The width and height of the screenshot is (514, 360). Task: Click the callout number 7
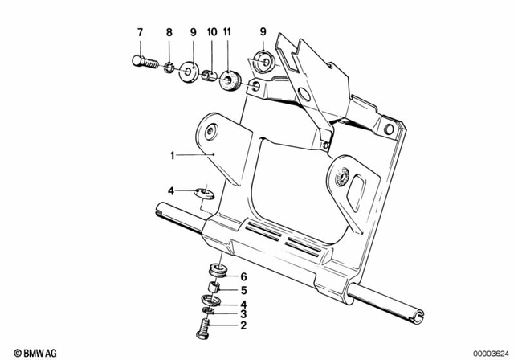pos(140,32)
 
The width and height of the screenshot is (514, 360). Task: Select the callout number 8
pos(169,32)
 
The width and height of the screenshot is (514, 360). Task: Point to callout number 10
pos(212,32)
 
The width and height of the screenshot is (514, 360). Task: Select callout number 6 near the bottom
pos(243,276)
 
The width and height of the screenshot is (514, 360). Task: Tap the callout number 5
pos(243,291)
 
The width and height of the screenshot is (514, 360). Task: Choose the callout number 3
pos(243,314)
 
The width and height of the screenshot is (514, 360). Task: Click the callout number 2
pos(243,326)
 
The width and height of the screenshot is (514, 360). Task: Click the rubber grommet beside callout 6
pos(216,270)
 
